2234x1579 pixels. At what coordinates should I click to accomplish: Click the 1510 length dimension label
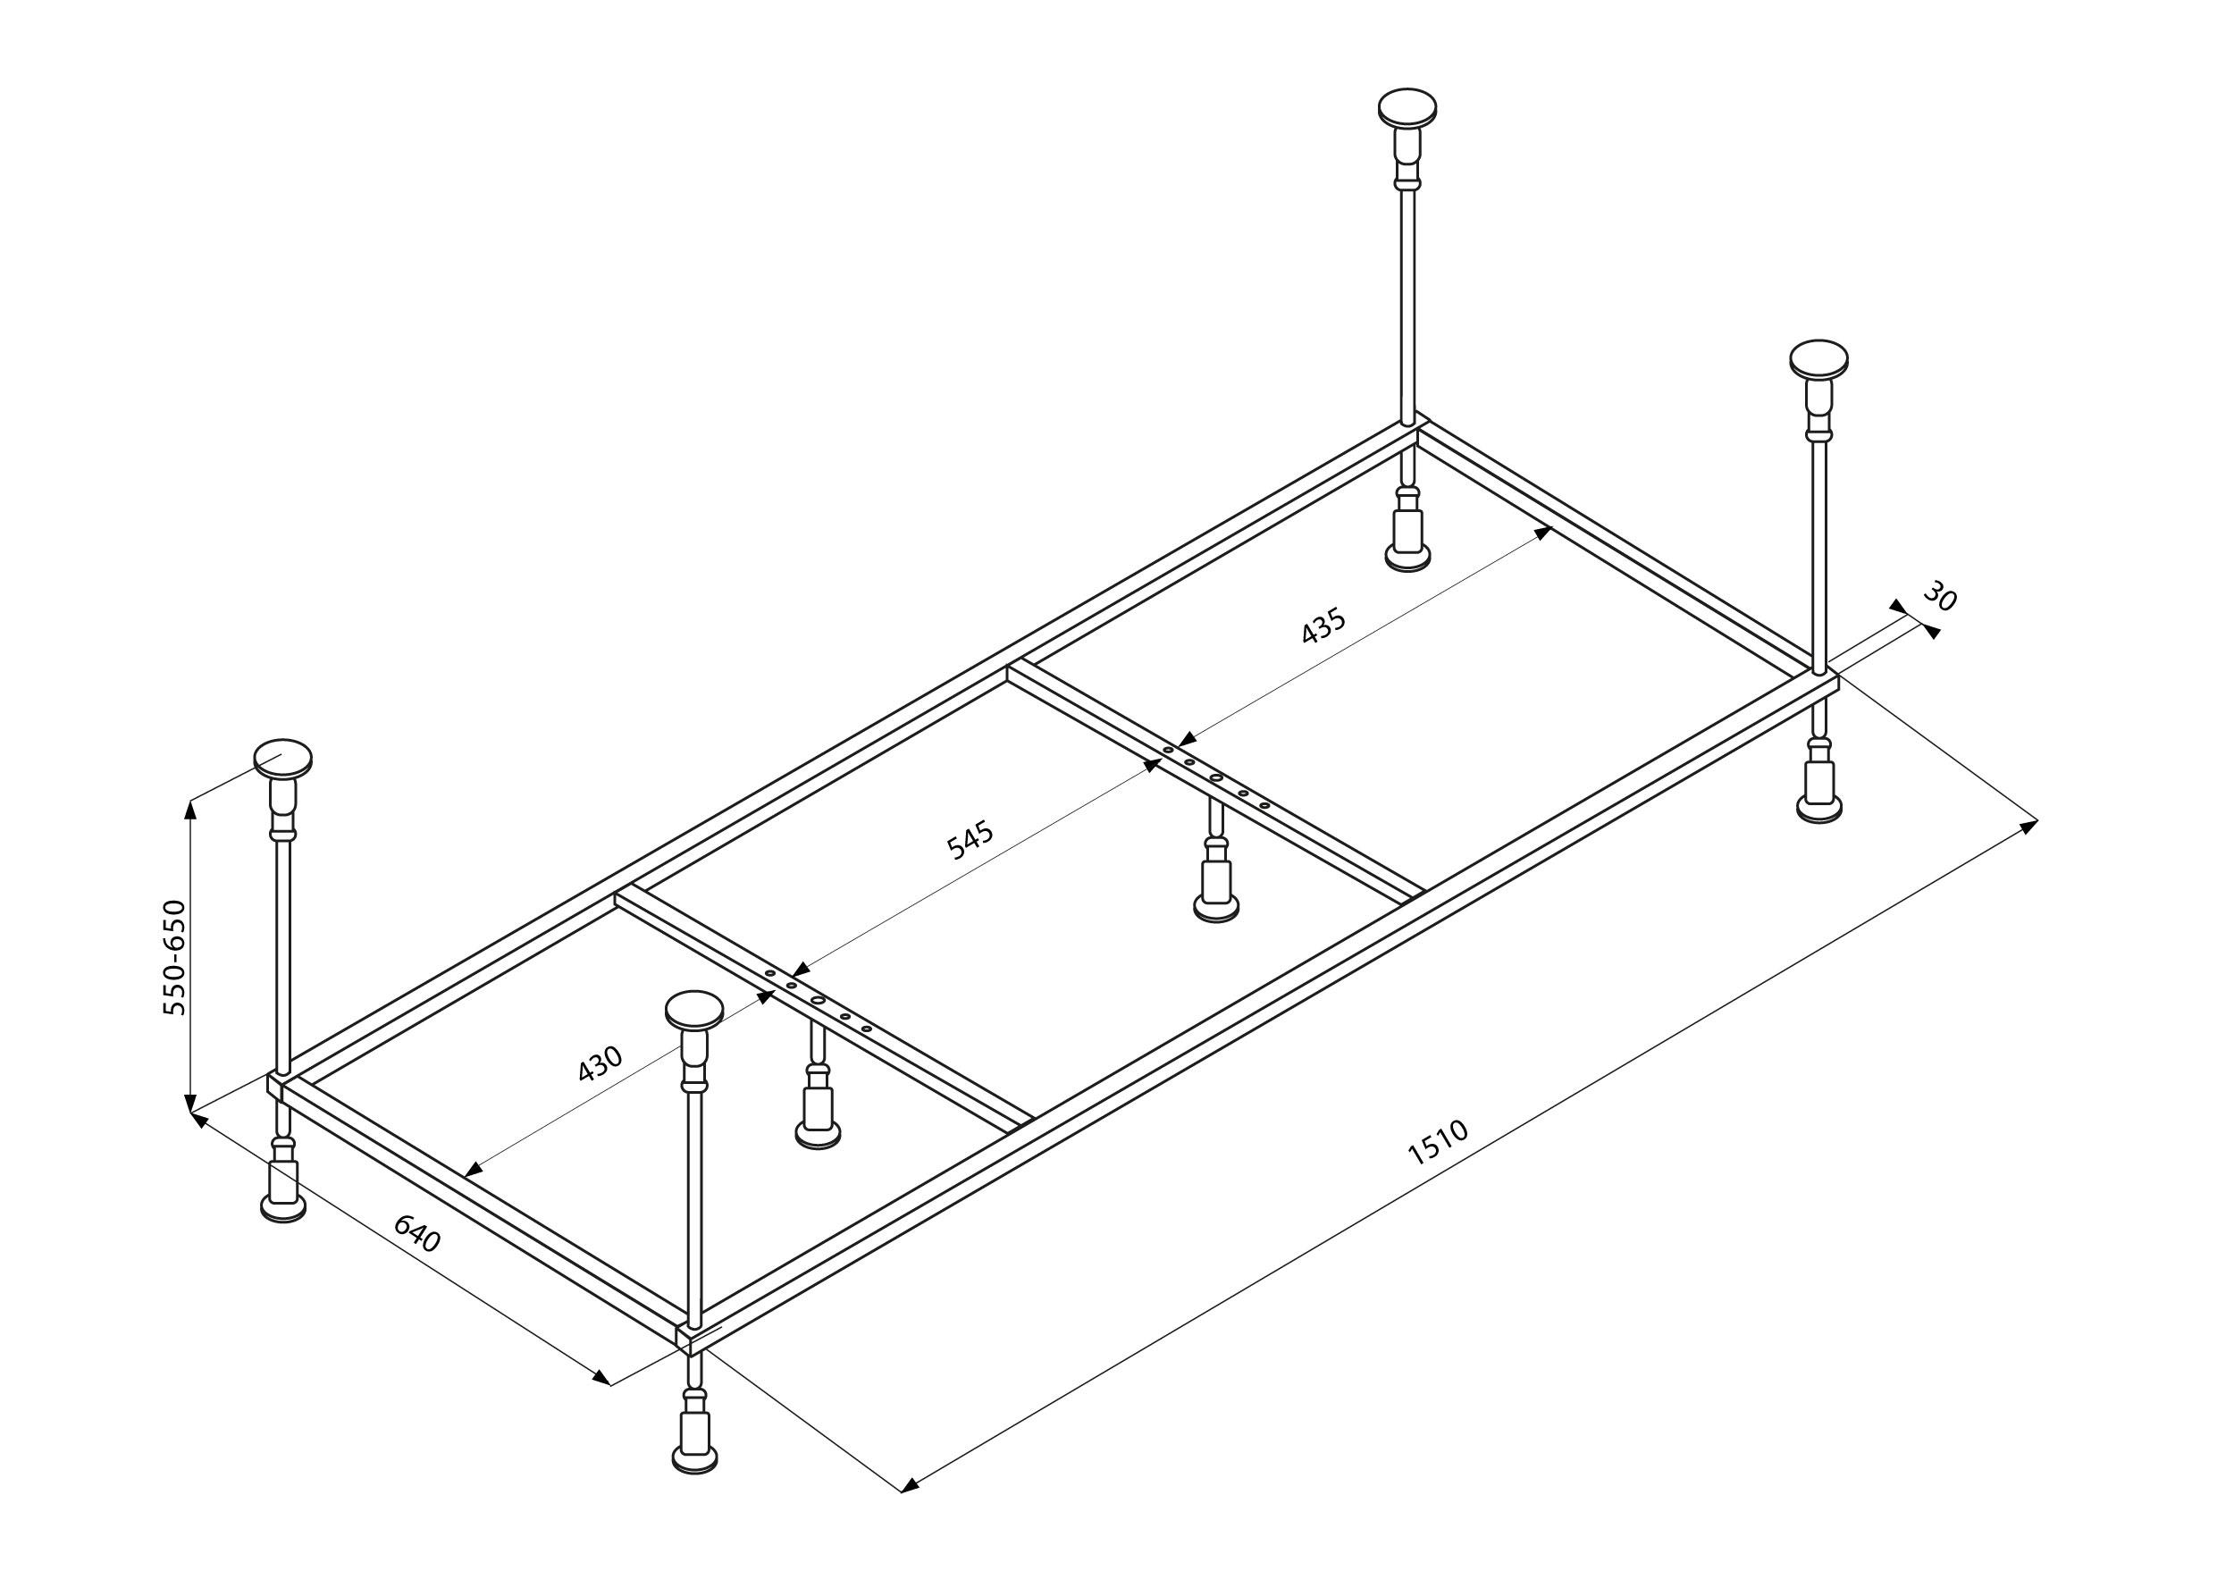[1437, 1142]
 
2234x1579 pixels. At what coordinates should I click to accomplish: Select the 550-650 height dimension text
[174, 958]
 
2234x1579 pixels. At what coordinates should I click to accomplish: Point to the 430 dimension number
[600, 1063]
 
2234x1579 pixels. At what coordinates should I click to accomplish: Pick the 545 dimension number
[970, 841]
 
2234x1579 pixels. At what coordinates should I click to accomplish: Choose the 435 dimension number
[1323, 626]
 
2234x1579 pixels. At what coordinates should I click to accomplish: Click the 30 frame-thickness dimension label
[1940, 597]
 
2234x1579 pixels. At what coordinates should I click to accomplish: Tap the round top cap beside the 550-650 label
[283, 758]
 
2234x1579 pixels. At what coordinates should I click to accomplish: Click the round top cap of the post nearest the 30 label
[1818, 357]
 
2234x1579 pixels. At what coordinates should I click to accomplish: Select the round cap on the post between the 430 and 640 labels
[694, 1010]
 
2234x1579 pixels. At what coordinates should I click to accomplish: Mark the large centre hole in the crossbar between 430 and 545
[819, 1001]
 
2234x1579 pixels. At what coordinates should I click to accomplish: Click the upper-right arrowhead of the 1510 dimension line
[2029, 827]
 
